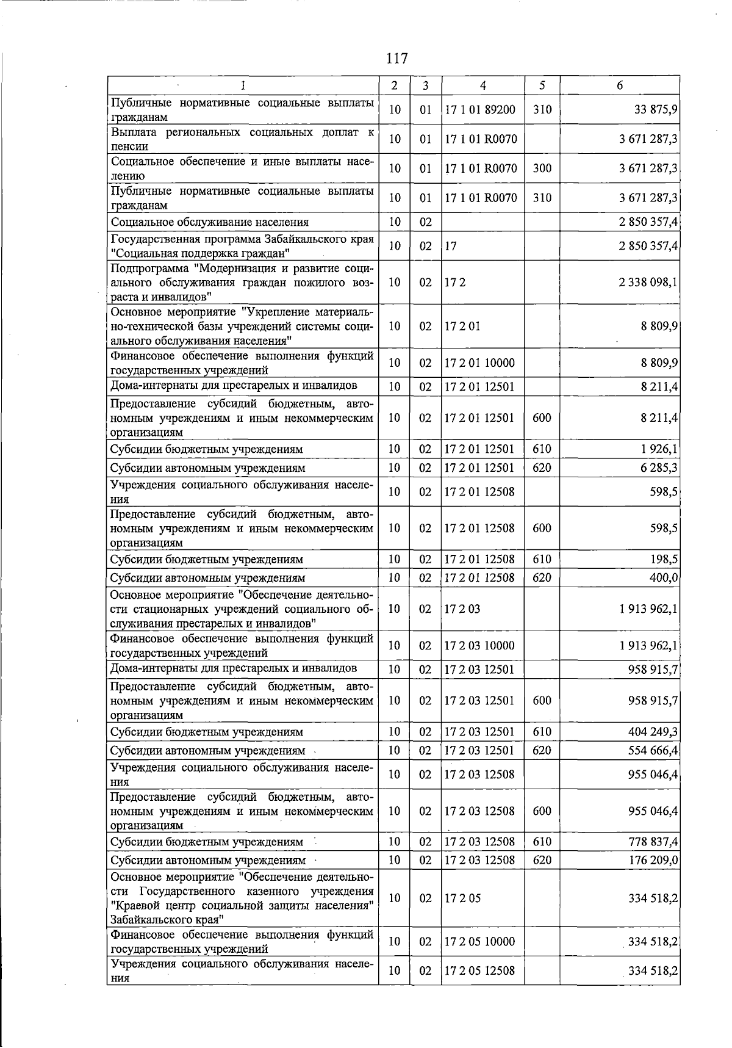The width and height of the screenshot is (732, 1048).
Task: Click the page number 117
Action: tap(396, 59)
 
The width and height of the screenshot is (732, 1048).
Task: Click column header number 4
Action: tap(483, 86)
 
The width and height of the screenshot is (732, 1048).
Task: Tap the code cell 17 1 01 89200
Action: tap(481, 110)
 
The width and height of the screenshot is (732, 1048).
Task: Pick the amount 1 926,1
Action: tap(660, 449)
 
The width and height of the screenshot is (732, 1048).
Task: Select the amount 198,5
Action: tap(664, 559)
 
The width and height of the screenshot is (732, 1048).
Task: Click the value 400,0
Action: tap(664, 577)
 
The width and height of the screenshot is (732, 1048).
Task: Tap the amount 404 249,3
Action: tap(653, 732)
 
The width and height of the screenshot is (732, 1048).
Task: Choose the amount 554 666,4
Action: tap(653, 750)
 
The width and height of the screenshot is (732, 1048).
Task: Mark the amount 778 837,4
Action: tap(653, 842)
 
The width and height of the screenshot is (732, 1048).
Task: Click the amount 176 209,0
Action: tap(653, 860)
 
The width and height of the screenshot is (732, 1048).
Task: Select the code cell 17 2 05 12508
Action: tap(481, 970)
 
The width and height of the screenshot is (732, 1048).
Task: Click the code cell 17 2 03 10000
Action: tap(481, 645)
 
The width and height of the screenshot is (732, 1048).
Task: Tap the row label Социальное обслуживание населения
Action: tap(210, 222)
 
